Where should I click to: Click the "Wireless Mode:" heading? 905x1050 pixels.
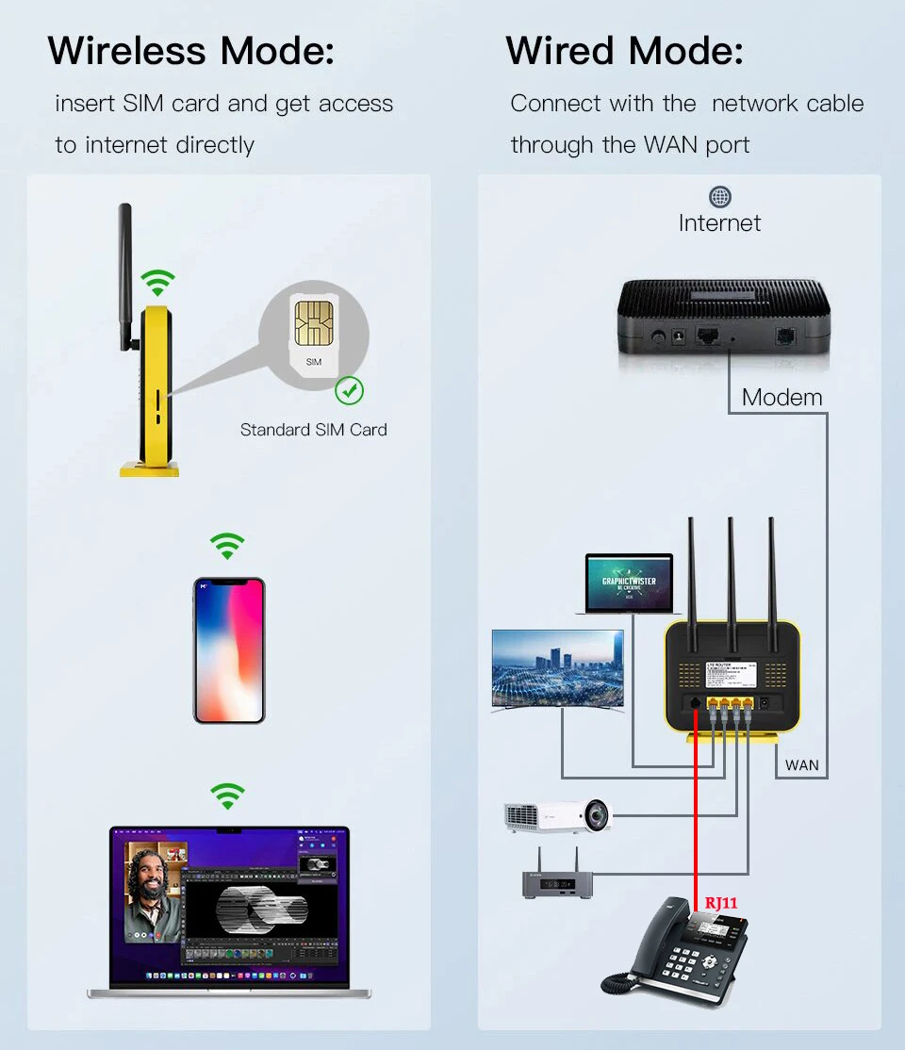191,51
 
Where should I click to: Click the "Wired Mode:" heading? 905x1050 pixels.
624,51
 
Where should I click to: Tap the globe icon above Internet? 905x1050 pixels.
720,197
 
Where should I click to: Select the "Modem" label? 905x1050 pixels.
782,397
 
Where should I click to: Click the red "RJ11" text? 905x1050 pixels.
721,903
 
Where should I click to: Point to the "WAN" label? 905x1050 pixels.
802,764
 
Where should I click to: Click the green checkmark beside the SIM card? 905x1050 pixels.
350,390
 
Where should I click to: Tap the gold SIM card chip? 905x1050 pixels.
313,322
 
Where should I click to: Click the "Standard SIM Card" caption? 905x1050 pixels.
313,430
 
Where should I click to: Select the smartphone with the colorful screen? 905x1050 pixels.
229,650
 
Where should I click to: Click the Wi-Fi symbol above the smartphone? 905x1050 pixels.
227,546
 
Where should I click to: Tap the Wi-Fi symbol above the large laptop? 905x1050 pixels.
227,796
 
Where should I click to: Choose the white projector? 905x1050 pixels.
556,815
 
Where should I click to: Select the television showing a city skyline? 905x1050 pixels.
557,668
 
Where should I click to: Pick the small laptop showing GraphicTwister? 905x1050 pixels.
629,583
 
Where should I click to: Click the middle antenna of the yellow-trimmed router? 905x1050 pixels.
731,575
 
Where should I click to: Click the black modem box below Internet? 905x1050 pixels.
723,320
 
